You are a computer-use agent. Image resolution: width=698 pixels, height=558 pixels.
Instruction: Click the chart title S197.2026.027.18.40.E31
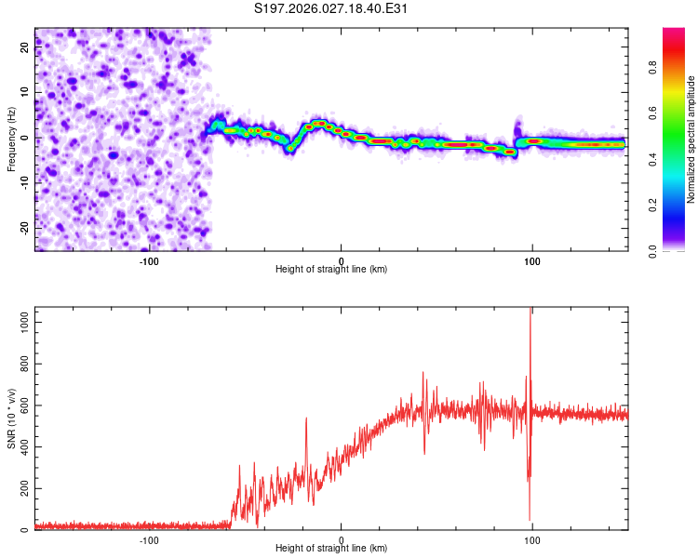(x=331, y=9)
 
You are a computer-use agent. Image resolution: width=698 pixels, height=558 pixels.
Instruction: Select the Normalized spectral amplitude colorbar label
(x=691, y=139)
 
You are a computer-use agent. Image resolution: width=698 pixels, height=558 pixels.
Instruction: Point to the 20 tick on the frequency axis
(x=25, y=48)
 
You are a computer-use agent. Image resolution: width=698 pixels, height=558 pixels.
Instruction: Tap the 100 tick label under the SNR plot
(x=532, y=539)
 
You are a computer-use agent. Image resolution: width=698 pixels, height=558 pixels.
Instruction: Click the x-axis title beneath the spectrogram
(x=331, y=270)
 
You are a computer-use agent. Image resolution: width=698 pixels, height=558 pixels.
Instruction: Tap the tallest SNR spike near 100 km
(x=531, y=310)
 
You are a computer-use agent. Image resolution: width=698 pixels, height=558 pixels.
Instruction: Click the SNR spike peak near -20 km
(x=306, y=418)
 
